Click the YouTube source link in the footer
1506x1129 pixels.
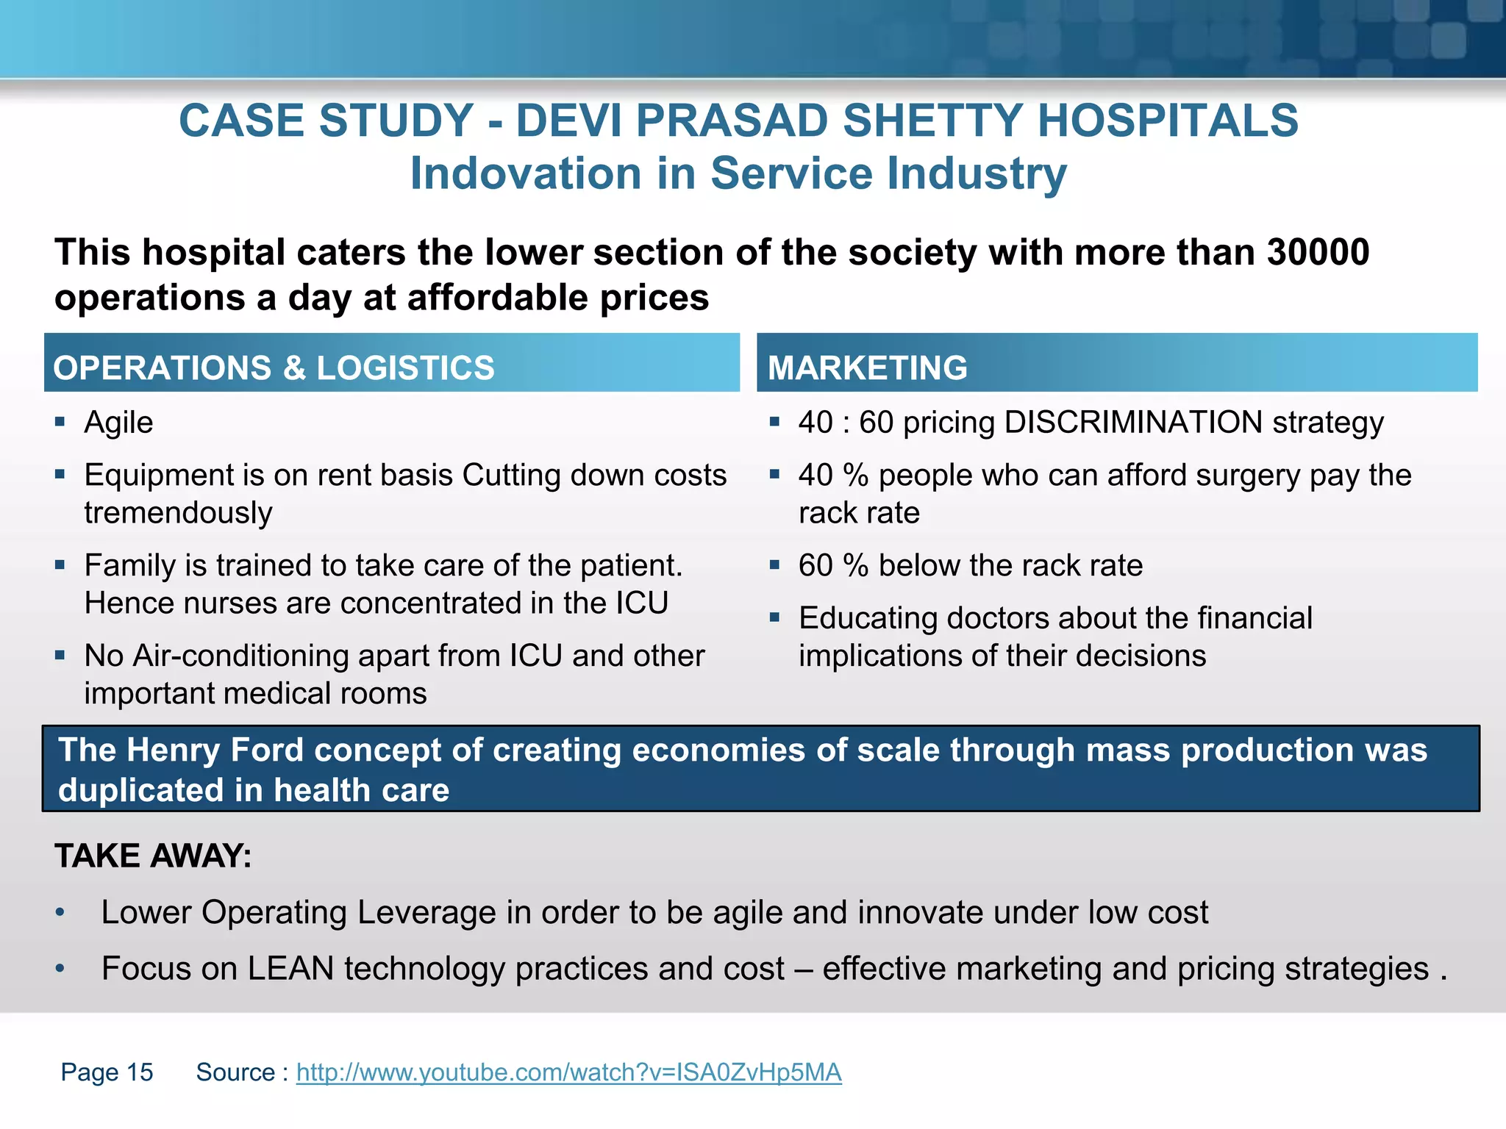point(568,1072)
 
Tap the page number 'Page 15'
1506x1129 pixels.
point(107,1072)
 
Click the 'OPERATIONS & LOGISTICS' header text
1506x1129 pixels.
point(274,368)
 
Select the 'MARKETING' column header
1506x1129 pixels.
point(867,368)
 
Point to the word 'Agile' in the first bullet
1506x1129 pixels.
point(118,423)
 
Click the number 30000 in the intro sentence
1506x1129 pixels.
point(1318,252)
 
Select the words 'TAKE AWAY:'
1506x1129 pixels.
point(153,856)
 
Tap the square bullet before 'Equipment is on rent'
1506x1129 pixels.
point(60,475)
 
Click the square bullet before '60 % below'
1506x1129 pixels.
point(774,565)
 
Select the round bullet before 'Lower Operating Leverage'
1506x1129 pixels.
point(60,913)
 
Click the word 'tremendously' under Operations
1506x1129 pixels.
point(178,513)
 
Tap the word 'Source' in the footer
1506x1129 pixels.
point(235,1072)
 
